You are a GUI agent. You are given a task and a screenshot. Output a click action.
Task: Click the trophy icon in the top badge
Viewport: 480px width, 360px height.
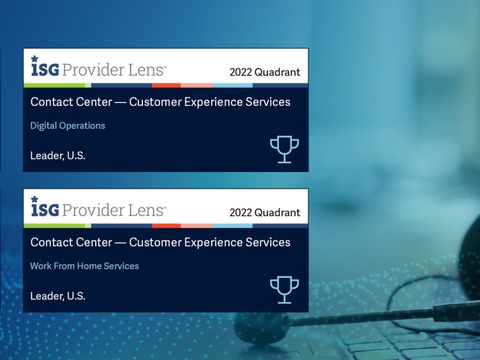(x=284, y=149)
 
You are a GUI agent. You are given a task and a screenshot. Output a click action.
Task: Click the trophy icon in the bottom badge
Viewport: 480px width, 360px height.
(x=284, y=289)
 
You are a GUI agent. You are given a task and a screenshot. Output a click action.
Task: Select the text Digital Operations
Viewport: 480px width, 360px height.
(x=68, y=126)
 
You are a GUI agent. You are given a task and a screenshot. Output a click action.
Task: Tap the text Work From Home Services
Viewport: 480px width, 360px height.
(x=85, y=266)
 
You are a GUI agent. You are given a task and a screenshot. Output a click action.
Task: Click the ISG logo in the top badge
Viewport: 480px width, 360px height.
(x=44, y=68)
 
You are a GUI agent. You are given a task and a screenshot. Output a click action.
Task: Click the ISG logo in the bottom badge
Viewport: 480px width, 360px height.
(x=44, y=208)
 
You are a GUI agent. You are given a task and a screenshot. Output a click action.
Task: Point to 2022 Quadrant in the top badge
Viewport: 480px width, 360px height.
(x=264, y=72)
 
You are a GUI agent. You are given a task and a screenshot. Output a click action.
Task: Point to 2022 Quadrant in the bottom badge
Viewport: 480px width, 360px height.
(x=264, y=212)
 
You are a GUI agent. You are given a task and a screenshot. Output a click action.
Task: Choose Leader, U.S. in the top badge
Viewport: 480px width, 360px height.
(x=58, y=155)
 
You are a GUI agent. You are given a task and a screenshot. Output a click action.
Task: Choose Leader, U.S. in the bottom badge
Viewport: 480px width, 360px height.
(x=58, y=295)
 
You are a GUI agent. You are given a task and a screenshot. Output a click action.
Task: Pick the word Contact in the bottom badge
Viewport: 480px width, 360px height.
(x=51, y=242)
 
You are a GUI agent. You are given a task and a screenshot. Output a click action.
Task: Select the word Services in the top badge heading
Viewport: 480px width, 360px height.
(x=269, y=102)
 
